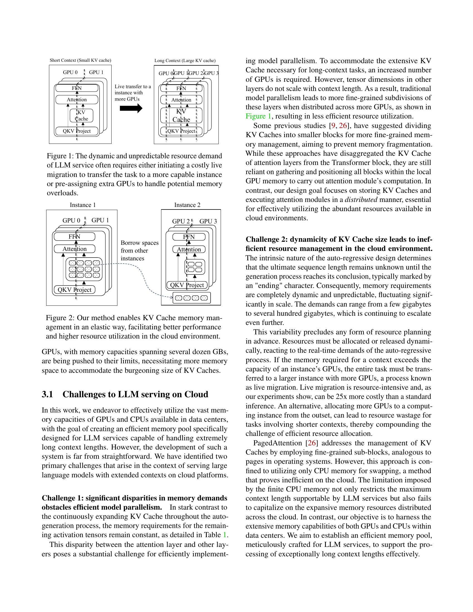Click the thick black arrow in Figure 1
coord(131,108)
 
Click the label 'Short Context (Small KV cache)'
coord(80,60)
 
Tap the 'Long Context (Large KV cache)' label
coord(185,61)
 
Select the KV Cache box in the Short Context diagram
coord(81,115)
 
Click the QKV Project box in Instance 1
coord(75,290)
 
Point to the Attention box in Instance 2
coord(189,250)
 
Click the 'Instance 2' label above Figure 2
coord(187,205)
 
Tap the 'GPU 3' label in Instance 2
coord(208,221)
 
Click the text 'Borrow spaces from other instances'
coord(139,251)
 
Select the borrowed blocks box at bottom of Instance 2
coord(192,298)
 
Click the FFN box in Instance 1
coord(75,236)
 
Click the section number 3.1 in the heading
coord(47,394)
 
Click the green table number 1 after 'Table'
coord(225,535)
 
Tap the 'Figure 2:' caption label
coord(60,318)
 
